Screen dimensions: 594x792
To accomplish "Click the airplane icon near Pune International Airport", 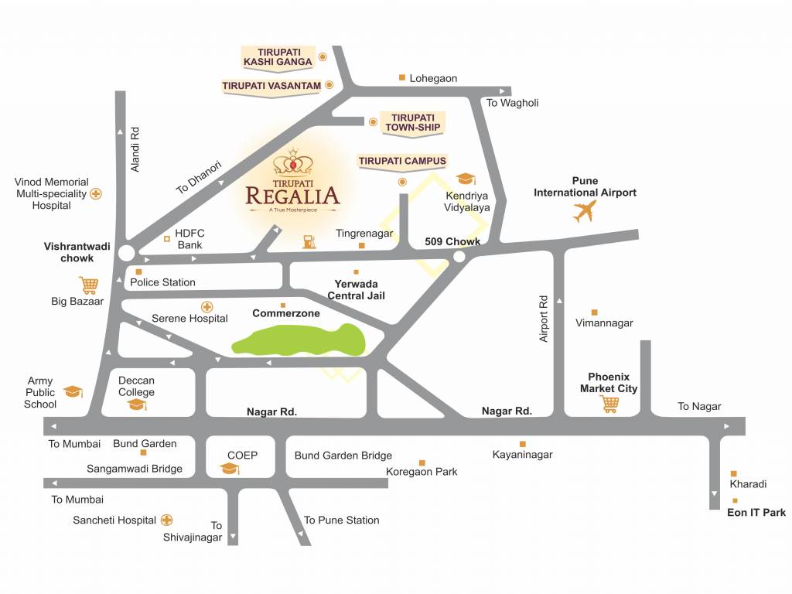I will [x=585, y=210].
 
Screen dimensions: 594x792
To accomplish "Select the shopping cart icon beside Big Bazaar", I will [x=89, y=285].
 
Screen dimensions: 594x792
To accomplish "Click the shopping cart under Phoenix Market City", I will [x=609, y=404].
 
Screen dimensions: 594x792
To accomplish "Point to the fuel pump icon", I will [x=309, y=241].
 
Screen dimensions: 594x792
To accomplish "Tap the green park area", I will [x=298, y=341].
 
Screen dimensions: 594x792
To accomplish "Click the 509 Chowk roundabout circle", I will [x=459, y=257].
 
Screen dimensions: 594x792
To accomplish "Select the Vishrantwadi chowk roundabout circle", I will [x=126, y=252].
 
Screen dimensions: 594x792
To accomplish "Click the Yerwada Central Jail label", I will [x=356, y=289].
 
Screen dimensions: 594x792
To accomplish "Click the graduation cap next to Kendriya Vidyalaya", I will [x=465, y=179].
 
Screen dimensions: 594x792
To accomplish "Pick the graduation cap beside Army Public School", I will [x=73, y=391].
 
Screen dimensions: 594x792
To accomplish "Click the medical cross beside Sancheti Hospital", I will [x=166, y=521].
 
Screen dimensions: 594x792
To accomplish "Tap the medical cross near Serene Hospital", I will [x=207, y=306].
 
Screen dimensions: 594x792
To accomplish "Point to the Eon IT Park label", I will [x=756, y=512].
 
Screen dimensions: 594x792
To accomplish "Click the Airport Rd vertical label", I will [x=543, y=317].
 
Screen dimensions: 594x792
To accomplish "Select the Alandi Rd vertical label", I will [x=135, y=148].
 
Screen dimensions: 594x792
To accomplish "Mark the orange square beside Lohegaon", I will [x=401, y=77].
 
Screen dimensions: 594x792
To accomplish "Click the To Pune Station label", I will [x=341, y=520].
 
